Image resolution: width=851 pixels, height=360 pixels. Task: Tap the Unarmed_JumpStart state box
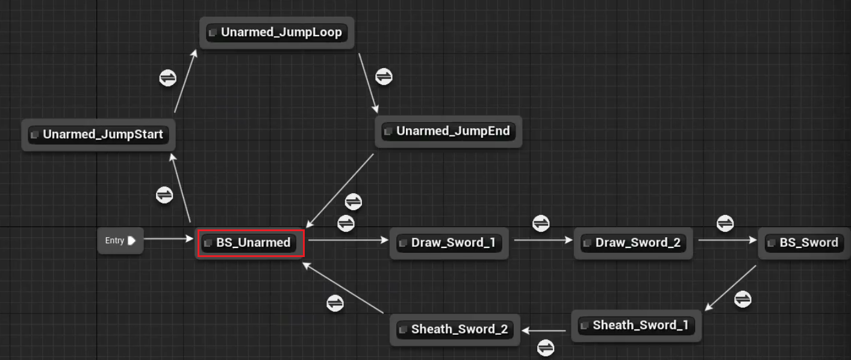tap(98, 135)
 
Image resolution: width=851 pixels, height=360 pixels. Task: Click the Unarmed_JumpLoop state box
tap(276, 33)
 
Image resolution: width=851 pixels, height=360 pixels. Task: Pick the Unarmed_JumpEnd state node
tap(448, 131)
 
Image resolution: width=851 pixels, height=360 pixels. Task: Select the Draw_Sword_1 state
tap(449, 243)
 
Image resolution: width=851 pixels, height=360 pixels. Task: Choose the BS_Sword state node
tap(804, 243)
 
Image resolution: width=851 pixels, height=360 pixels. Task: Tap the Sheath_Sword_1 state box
tap(636, 326)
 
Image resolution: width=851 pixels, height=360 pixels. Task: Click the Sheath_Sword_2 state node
tap(455, 329)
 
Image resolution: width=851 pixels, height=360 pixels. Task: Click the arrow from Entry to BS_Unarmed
tap(169, 239)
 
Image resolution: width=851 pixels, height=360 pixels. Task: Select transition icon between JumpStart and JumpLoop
tap(167, 77)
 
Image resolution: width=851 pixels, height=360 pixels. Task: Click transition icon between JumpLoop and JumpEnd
tap(384, 76)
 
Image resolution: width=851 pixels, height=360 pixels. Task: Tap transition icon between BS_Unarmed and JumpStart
tap(164, 194)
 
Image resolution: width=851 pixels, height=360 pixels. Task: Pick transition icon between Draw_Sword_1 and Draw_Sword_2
tap(541, 223)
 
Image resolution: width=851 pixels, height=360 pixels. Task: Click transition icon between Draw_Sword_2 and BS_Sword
tap(725, 223)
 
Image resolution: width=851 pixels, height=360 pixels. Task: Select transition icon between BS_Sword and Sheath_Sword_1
tap(743, 299)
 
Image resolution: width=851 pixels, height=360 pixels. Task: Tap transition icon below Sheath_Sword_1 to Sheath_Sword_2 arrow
tap(546, 347)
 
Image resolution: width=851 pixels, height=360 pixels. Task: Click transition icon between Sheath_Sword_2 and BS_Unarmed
tap(335, 303)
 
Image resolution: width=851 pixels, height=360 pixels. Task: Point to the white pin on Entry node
tap(131, 241)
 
